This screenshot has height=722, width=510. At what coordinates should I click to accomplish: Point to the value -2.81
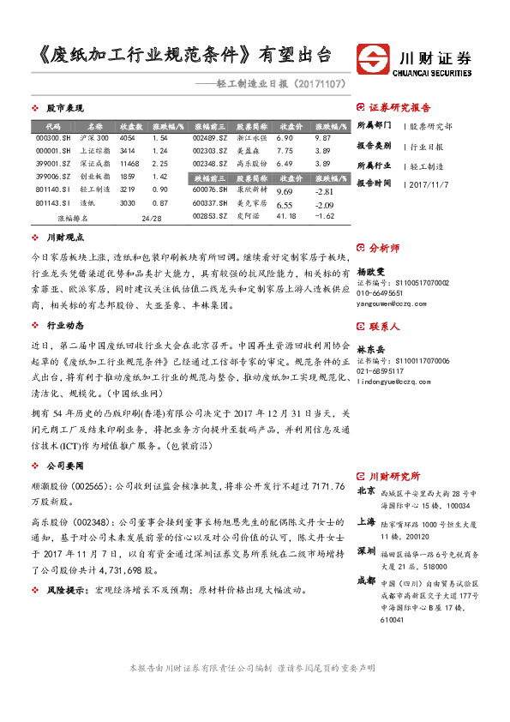coord(323,191)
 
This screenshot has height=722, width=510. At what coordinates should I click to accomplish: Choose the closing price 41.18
coord(288,217)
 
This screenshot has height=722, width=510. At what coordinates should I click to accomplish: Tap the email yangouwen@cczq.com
coord(391,302)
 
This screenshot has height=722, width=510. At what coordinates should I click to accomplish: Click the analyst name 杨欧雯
coord(372,269)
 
